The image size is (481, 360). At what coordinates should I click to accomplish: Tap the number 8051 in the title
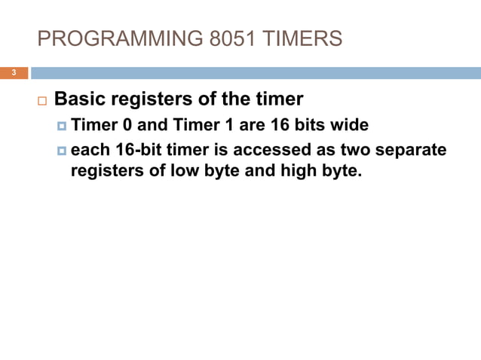coord(225,38)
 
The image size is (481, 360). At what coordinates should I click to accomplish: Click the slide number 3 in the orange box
coord(13,73)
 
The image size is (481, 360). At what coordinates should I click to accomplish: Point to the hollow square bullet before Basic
coord(41,100)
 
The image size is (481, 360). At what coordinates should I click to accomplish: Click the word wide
coord(350,124)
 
